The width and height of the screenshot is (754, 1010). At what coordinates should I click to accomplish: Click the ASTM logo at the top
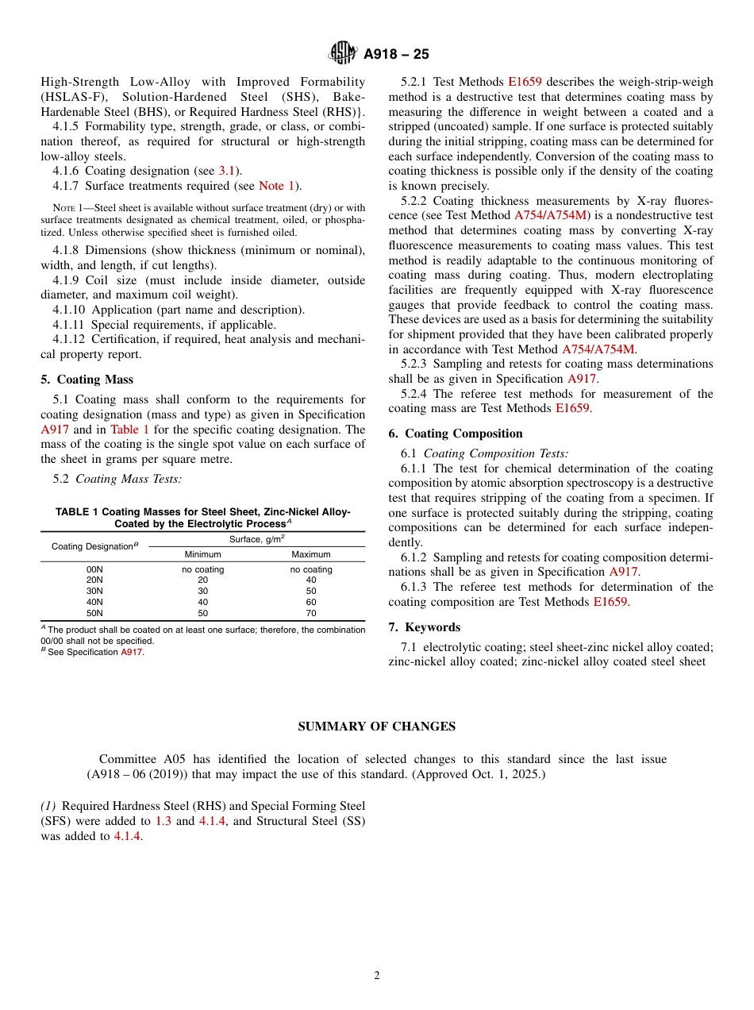342,54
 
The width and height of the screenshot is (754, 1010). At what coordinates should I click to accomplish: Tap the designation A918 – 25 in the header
396,55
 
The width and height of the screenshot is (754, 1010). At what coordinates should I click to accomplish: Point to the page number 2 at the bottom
377,976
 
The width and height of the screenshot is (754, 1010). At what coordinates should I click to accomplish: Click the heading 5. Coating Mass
87,380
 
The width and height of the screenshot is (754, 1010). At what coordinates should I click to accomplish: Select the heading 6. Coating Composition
456,434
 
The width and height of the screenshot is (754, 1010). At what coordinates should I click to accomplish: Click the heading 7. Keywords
424,627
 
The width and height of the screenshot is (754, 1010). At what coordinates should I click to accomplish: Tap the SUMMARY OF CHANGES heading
376,727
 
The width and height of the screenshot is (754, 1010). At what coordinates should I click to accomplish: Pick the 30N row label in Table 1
94,592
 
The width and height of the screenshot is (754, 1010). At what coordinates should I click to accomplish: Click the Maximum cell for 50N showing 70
311,614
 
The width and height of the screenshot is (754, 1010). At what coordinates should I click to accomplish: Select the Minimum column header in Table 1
202,555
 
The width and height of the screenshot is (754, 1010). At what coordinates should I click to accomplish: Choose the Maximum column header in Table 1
311,555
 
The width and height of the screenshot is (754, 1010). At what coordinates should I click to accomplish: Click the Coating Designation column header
94,546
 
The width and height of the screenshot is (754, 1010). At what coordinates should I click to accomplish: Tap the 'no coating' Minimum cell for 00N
202,569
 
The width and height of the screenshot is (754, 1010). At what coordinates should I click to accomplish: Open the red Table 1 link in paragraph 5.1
129,430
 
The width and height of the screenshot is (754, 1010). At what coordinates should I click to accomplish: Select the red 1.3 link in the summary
164,821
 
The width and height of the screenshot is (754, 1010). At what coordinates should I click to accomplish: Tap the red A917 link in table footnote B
131,653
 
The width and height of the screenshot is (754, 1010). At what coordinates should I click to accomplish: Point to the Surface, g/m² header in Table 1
256,539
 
